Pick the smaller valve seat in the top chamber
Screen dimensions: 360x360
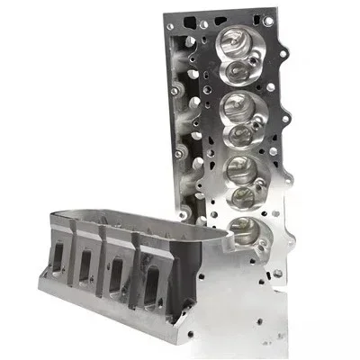coord(240,65)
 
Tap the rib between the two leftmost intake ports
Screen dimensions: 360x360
coord(71,263)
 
